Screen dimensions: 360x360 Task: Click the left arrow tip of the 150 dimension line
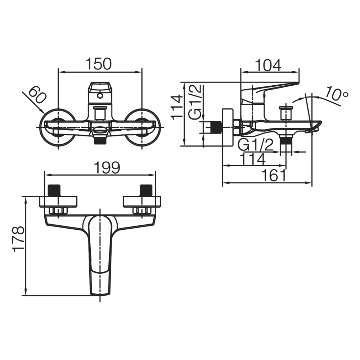pyautogui.click(x=59, y=72)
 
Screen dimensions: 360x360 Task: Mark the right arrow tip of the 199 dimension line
pyautogui.click(x=156, y=175)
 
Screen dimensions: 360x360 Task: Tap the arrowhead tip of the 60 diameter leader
pyautogui.click(x=45, y=113)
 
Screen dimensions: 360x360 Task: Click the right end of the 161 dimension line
pyautogui.click(x=312, y=183)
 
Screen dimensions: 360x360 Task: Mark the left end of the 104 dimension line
pyautogui.click(x=240, y=72)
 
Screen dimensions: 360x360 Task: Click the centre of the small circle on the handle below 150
pyautogui.click(x=100, y=95)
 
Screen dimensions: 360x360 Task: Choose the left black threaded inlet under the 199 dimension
pyautogui.click(x=54, y=190)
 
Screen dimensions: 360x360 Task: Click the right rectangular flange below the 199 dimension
pyautogui.click(x=142, y=202)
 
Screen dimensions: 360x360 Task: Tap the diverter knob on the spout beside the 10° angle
pyautogui.click(x=285, y=113)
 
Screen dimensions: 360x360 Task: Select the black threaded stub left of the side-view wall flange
pyautogui.click(x=216, y=127)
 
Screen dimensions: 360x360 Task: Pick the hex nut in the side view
pyautogui.click(x=237, y=127)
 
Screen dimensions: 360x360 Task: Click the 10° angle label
pyautogui.click(x=337, y=94)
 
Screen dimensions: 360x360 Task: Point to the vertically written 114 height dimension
pyautogui.click(x=177, y=108)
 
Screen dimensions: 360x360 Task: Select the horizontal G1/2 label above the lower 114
pyautogui.click(x=256, y=145)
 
